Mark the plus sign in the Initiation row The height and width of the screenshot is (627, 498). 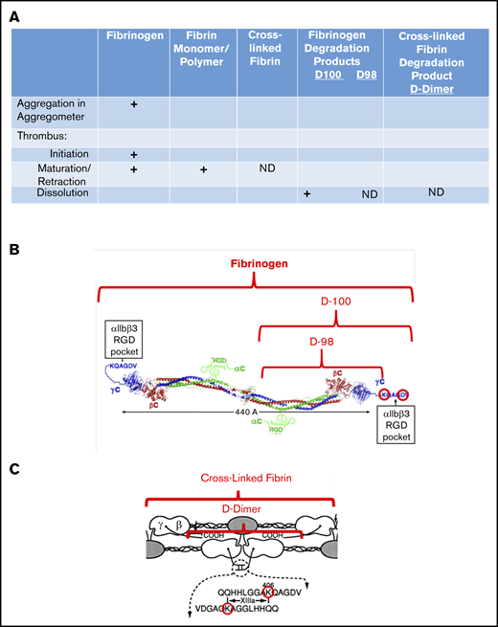[133, 153]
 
